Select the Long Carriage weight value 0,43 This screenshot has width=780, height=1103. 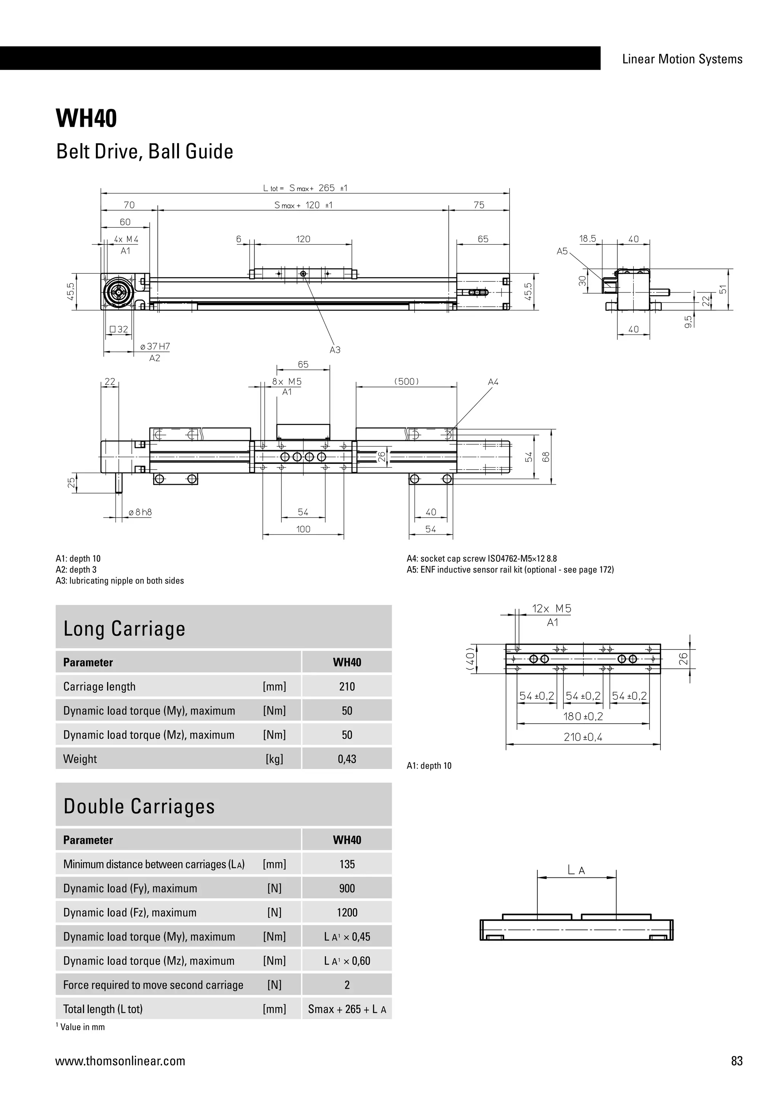tap(347, 759)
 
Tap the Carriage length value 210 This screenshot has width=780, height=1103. tap(347, 686)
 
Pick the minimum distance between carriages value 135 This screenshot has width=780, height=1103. tap(347, 864)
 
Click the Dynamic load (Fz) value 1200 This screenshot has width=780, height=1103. tap(347, 912)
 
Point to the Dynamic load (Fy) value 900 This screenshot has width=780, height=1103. tap(347, 888)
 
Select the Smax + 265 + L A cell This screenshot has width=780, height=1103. tap(347, 1009)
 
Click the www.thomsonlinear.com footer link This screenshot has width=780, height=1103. tap(120, 1061)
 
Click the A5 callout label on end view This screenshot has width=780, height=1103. tap(562, 251)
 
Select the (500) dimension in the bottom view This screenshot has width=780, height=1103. tap(406, 381)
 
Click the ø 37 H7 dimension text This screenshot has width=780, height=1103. tap(155, 346)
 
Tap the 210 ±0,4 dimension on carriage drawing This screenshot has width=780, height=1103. tap(583, 737)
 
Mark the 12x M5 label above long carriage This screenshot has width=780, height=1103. tap(551, 609)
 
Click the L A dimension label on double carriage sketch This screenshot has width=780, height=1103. tap(576, 870)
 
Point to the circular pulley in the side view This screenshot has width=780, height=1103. tap(117, 292)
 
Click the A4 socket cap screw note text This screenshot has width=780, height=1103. tap(482, 559)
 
